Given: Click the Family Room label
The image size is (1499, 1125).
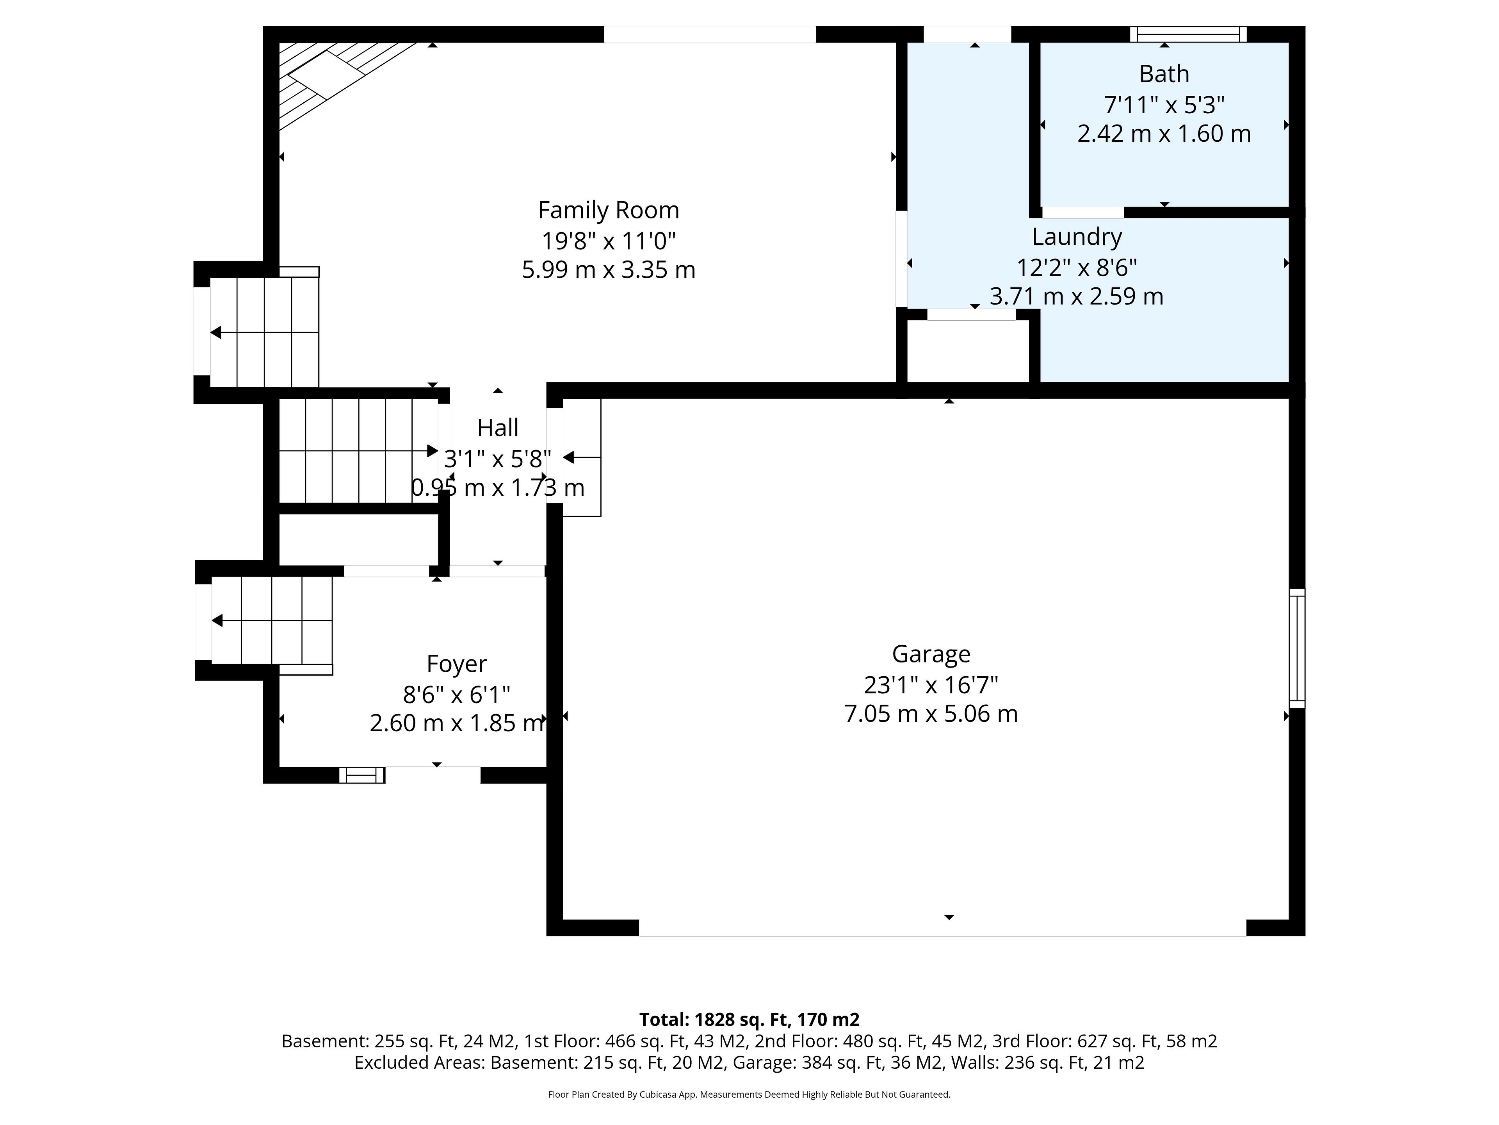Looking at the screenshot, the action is pyautogui.click(x=609, y=210).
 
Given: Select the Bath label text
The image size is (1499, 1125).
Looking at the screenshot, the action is pyautogui.click(x=1164, y=73).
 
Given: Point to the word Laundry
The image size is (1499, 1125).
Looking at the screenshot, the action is pyautogui.click(x=1077, y=237).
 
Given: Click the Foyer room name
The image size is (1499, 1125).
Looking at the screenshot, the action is pyautogui.click(x=457, y=664).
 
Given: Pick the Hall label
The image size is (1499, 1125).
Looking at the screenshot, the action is pyautogui.click(x=498, y=428).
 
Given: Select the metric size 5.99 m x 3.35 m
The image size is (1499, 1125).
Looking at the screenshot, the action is pyautogui.click(x=609, y=270).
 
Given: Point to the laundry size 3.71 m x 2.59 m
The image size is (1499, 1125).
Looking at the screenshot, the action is pyautogui.click(x=1077, y=296).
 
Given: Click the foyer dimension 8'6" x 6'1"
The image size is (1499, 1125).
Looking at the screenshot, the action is pyautogui.click(x=457, y=695).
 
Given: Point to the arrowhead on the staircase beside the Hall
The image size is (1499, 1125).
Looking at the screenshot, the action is pyautogui.click(x=433, y=451).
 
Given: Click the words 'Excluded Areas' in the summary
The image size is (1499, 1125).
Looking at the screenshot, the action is pyautogui.click(x=419, y=1062).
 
